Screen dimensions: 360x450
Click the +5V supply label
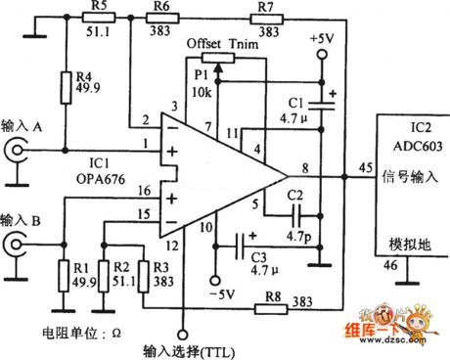[322, 39]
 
